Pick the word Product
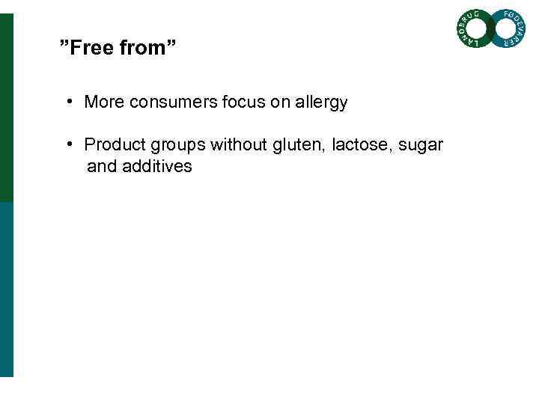coord(113,144)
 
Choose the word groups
coord(175,144)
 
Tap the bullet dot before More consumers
coord(68,101)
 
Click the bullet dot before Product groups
coord(68,143)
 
